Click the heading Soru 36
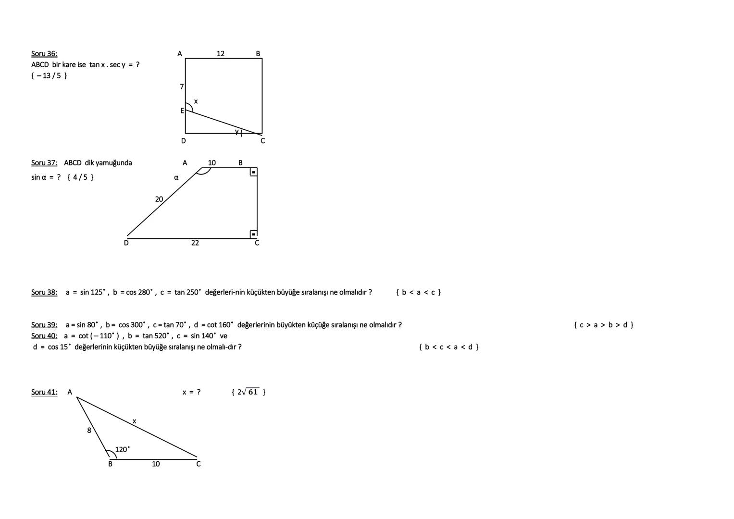44,54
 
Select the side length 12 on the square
221,53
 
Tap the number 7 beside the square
182,87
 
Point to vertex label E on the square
182,111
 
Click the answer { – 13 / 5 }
49,75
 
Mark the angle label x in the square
196,101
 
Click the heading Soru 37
44,163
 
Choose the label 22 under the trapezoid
195,243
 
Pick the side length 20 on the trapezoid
159,199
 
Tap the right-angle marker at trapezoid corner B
253,172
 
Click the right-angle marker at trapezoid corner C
253,234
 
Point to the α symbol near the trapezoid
176,177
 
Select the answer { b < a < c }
418,292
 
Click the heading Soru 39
44,325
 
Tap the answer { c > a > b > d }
604,325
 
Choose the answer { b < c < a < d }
448,347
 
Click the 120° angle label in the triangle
122,450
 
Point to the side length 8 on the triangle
89,431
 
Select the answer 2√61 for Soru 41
249,392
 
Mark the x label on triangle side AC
134,421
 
